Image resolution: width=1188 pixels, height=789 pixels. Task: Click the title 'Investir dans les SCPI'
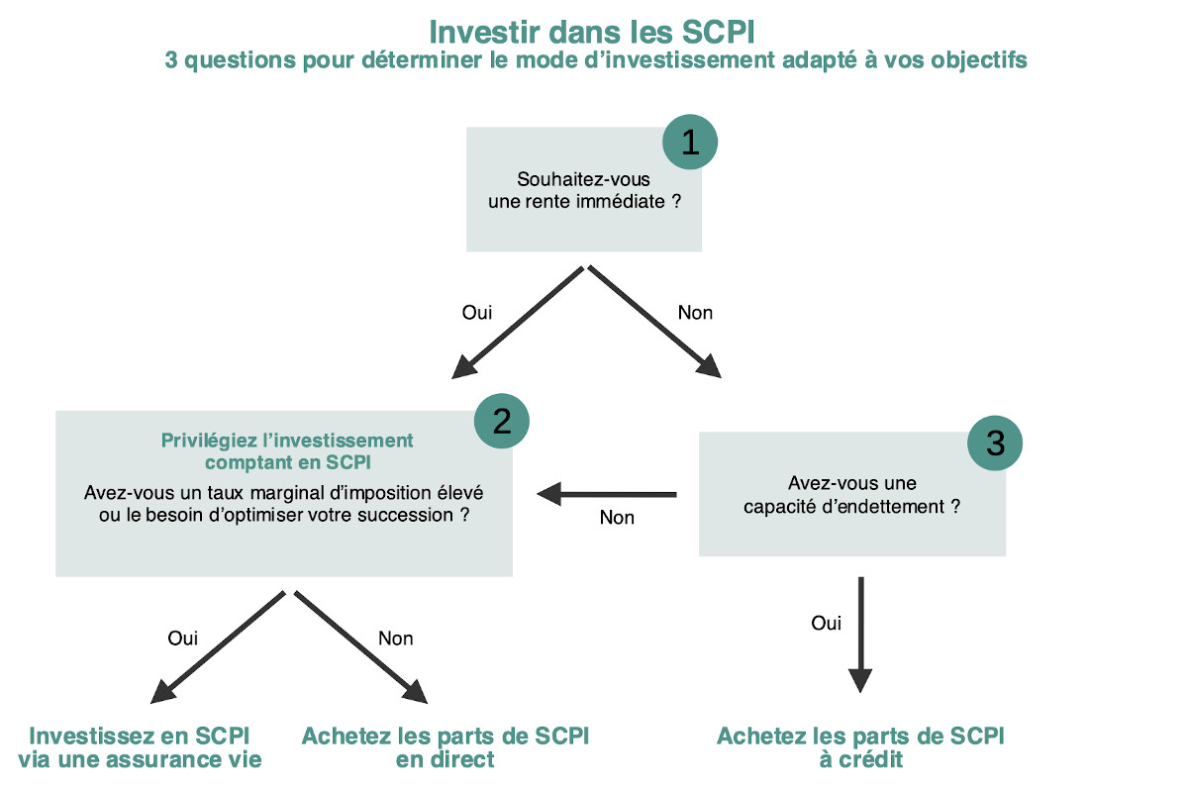point(593,30)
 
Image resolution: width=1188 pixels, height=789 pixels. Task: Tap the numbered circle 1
point(689,143)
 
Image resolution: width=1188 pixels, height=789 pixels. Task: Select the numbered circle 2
point(501,422)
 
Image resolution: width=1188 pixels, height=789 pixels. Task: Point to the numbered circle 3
point(994,443)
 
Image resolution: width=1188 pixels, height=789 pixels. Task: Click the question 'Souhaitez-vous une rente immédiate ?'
point(584,190)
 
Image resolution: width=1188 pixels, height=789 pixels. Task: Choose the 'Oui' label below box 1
point(477,313)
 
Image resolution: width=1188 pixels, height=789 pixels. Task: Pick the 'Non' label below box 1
point(695,313)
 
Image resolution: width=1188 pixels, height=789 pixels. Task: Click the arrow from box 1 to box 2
point(519,322)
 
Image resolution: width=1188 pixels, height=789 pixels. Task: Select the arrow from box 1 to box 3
point(654,322)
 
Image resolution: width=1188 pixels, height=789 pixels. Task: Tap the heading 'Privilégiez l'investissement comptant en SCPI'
point(287,450)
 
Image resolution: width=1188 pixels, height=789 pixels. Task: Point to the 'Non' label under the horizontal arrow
point(617,518)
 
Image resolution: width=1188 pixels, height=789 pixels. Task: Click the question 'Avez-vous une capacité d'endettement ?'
point(852,494)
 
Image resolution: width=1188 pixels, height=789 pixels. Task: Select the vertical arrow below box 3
point(860,634)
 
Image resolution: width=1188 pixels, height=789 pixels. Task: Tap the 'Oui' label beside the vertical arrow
point(826,624)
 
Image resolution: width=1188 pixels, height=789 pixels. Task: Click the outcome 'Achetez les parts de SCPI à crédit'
point(860,748)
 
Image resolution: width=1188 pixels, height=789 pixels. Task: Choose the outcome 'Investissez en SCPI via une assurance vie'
point(140,748)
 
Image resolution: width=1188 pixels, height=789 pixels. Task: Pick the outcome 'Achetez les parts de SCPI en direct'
point(445,748)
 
